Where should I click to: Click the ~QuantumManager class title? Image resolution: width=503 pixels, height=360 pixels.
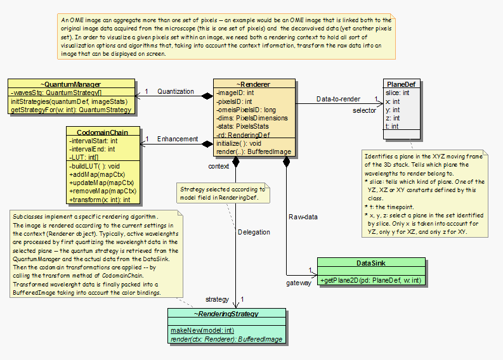[x=71, y=84]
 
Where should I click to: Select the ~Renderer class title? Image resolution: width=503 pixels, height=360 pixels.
[x=254, y=84]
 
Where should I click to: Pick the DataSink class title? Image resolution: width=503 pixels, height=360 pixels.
[x=370, y=262]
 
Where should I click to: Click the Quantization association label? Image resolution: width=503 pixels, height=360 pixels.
[x=176, y=91]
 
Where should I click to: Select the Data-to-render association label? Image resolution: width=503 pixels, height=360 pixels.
[x=339, y=99]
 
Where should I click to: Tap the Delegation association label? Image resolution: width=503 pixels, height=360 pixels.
[x=254, y=232]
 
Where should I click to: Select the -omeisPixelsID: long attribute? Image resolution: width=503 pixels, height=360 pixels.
[x=247, y=109]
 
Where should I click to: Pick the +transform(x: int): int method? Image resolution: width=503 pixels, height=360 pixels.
[x=100, y=199]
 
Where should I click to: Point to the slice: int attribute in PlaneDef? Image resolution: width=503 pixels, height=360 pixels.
[x=398, y=93]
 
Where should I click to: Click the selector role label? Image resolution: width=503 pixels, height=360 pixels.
[x=365, y=111]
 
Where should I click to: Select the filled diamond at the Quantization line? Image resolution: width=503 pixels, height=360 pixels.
[x=207, y=96]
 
